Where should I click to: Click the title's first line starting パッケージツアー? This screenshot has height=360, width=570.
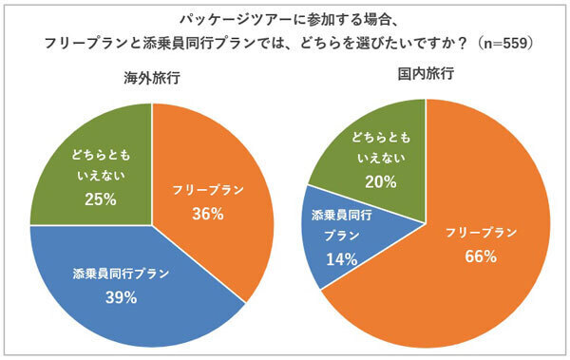coord(284,18)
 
